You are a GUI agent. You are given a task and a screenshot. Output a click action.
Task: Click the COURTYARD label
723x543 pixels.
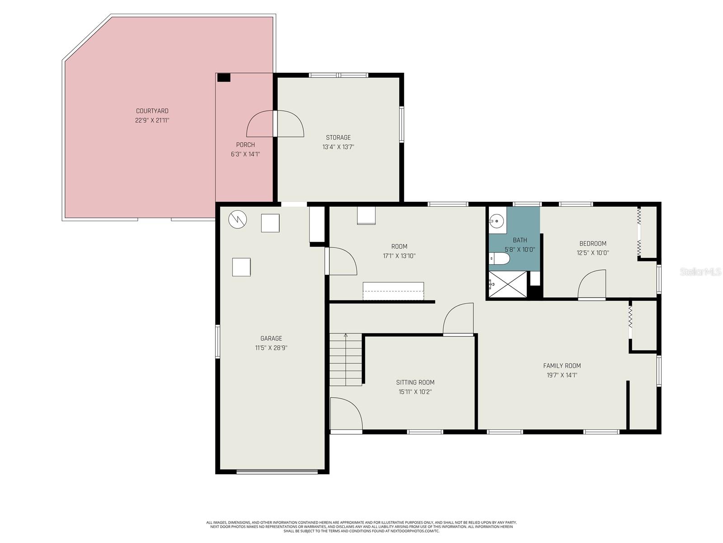coord(152,111)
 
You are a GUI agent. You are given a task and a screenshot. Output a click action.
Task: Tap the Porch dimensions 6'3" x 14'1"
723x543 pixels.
coord(245,154)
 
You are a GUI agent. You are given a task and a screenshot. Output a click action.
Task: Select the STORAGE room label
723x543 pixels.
coord(338,138)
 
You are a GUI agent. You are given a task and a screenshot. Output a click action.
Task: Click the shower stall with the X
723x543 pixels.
coord(508,284)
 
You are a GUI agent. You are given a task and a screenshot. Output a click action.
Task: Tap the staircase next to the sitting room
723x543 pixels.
coord(346,360)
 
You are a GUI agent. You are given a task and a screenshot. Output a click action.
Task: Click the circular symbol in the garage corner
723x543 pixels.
coord(238,219)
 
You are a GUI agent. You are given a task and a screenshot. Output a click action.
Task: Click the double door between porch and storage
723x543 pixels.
coord(275,124)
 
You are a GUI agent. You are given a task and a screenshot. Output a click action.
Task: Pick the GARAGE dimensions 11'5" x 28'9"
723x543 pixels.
coord(271,348)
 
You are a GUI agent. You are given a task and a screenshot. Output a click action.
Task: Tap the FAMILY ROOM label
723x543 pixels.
coord(562,366)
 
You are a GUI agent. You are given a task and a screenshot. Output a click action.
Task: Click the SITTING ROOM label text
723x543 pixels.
coord(415,382)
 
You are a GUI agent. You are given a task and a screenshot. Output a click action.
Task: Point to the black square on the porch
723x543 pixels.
coord(224,78)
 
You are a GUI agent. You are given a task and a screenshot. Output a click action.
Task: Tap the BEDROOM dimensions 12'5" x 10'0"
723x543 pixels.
coord(592,253)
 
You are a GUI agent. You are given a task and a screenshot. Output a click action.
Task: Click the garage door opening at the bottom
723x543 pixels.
coord(277,472)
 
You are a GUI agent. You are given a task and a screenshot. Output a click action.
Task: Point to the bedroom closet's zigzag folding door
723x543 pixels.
coord(639,233)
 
